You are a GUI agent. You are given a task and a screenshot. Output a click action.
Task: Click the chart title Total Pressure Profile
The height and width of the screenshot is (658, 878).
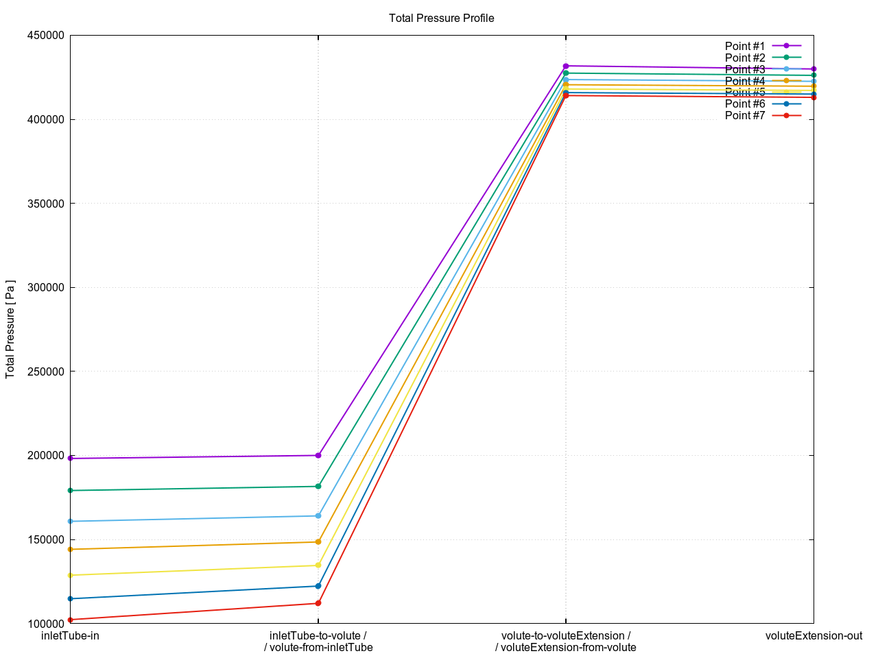click(x=441, y=19)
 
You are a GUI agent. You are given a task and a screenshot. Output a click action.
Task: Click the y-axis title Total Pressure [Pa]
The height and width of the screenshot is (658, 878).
click(x=10, y=329)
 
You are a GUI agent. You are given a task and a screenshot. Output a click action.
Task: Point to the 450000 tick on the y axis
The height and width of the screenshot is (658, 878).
click(x=45, y=36)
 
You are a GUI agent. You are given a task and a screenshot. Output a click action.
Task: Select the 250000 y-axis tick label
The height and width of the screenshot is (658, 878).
click(x=45, y=371)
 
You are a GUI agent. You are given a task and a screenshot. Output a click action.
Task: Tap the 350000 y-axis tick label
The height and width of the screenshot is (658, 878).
click(x=45, y=204)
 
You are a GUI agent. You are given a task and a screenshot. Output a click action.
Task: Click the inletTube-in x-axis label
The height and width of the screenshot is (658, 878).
click(x=70, y=636)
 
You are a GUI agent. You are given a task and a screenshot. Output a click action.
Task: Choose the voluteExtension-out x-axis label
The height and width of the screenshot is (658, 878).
click(x=814, y=636)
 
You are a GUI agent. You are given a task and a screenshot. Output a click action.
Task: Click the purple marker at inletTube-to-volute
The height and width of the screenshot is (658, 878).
click(x=318, y=455)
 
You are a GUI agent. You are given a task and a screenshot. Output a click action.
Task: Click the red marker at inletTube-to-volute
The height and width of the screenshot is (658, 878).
click(x=318, y=603)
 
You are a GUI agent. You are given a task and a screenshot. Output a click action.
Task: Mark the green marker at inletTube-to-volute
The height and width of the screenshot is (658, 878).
click(x=318, y=487)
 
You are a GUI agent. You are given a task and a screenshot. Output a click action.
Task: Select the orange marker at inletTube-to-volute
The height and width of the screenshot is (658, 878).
click(x=318, y=541)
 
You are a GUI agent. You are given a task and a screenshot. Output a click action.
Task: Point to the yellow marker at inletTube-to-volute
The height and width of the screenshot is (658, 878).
click(x=318, y=565)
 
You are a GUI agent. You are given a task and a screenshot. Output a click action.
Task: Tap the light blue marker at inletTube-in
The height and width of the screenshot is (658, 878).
click(x=71, y=522)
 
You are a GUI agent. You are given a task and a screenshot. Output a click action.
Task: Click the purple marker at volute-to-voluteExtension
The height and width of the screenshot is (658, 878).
click(x=566, y=66)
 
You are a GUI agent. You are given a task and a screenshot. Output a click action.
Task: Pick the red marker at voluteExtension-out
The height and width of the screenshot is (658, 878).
click(x=814, y=97)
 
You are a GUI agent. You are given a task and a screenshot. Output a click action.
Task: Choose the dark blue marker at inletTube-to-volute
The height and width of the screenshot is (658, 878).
click(x=318, y=586)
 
